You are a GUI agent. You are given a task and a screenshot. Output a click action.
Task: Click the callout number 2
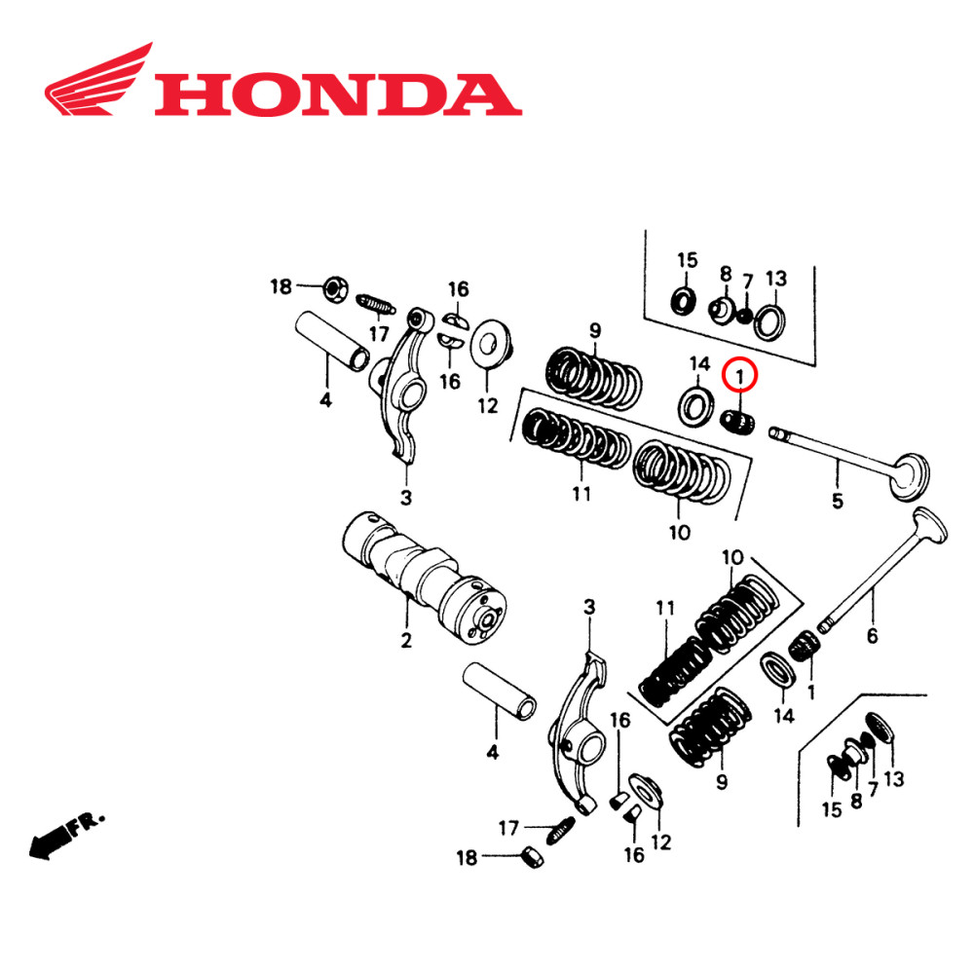406,641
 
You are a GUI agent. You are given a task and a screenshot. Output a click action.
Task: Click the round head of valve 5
911,474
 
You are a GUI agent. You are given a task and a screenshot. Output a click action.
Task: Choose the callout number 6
872,636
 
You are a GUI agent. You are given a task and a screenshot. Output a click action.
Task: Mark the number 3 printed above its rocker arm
588,608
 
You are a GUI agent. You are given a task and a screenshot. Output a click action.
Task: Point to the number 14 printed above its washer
699,364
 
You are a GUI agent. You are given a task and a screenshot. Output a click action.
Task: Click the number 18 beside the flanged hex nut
281,286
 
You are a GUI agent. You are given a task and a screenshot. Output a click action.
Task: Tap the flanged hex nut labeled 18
332,287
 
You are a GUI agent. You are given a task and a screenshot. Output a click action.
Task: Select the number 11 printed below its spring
581,494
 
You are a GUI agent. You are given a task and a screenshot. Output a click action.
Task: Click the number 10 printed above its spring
732,558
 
